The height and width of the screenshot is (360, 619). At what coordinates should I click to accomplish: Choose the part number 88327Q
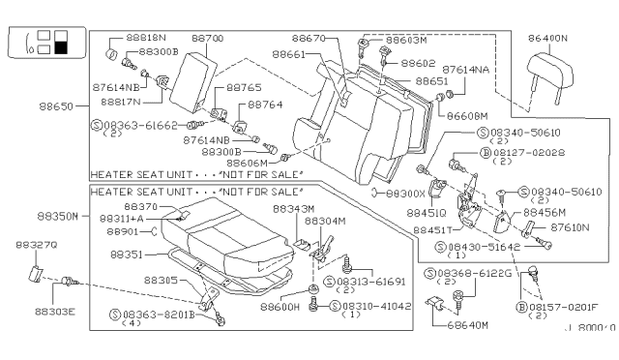point(30,246)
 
